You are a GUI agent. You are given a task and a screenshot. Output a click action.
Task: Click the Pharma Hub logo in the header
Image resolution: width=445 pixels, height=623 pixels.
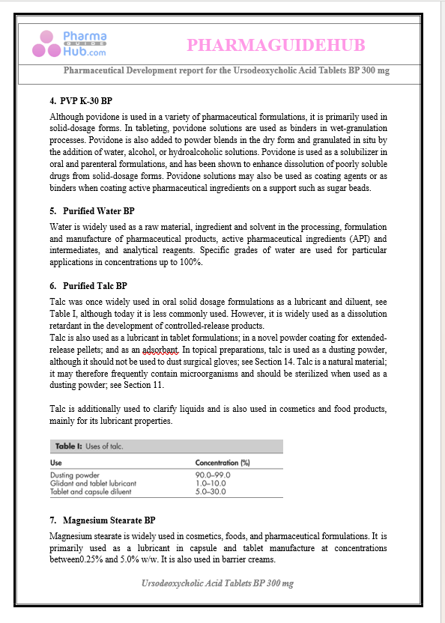point(70,43)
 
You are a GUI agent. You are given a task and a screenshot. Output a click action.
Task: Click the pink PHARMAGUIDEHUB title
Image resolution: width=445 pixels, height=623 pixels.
point(276,46)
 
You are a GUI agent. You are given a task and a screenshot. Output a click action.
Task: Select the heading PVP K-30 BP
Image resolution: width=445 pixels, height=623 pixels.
point(86,100)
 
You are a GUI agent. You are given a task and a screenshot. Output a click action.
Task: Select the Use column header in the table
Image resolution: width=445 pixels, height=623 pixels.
point(57,463)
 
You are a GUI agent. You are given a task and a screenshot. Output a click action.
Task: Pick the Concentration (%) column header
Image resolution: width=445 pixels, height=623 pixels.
point(222,463)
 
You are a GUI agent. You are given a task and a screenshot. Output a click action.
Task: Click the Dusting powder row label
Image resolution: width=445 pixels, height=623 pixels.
point(75,475)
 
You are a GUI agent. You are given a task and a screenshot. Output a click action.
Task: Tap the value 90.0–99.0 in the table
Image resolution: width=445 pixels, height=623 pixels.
point(213,475)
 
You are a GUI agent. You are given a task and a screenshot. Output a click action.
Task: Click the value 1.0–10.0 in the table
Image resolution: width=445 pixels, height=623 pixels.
point(210,484)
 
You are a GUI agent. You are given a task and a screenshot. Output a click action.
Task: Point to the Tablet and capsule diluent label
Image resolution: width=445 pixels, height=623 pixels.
point(91,492)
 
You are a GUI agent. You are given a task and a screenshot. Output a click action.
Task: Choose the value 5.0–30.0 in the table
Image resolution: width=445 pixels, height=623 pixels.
point(210,492)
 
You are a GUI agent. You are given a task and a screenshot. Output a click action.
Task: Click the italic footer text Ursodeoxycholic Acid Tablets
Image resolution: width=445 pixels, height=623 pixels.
point(217,583)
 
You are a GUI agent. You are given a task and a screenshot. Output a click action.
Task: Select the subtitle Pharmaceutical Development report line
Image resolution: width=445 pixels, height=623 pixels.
point(226,70)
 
